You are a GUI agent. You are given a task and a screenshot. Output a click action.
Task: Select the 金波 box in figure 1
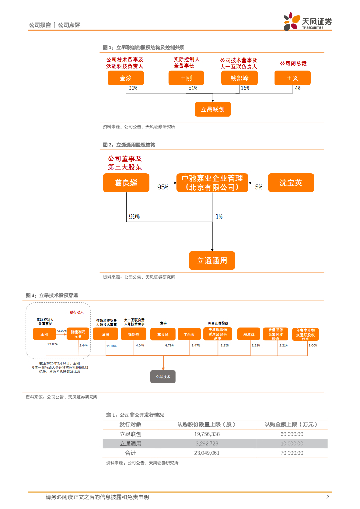126,78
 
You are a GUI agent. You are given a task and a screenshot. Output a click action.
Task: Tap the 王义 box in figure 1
292,78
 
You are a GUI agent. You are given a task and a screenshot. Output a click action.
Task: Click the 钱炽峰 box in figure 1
239,78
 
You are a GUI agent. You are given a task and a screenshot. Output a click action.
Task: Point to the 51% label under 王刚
192,88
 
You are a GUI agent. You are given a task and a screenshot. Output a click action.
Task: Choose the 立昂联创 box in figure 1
212,109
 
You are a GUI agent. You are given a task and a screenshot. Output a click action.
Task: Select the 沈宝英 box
291,183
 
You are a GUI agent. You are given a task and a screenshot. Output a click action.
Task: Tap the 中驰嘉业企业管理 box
212,183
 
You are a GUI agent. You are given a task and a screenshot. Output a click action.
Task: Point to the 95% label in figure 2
163,188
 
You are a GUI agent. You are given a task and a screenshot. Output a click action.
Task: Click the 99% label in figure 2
134,217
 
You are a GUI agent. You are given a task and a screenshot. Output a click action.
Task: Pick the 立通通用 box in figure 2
212,260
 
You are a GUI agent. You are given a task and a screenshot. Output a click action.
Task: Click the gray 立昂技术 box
163,377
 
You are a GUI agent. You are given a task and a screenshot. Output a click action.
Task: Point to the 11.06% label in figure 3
111,345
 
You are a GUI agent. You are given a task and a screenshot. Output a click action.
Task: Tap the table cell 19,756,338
205,434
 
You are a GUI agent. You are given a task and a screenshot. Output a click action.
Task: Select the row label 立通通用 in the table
130,443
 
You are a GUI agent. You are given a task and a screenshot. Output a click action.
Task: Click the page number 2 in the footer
327,497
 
